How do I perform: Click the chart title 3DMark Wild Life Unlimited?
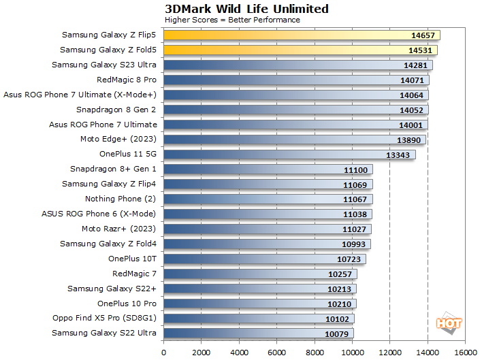click(x=246, y=9)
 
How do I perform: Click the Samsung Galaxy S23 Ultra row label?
click(x=104, y=65)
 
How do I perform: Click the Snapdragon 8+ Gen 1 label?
click(x=113, y=169)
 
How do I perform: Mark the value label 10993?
click(x=354, y=244)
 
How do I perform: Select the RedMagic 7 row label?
click(x=134, y=274)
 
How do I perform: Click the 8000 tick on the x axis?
click(x=314, y=353)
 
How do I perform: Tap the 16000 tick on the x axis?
click(x=464, y=353)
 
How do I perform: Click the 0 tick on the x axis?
click(x=163, y=353)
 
